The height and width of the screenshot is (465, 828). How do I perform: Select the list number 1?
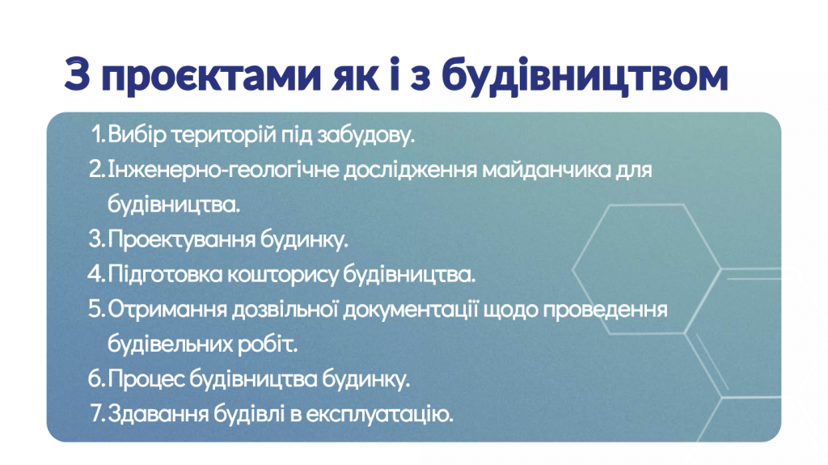coord(99,134)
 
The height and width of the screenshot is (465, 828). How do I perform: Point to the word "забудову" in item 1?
coord(365,135)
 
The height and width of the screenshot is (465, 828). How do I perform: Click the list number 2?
coord(97,169)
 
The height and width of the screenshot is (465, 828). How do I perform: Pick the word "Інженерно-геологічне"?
coord(223,170)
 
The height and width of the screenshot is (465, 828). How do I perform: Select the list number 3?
coord(97,239)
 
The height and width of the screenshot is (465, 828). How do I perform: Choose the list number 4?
coord(97,273)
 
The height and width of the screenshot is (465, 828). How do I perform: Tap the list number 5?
coord(97,309)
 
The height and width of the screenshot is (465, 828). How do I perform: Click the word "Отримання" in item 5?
coord(167,310)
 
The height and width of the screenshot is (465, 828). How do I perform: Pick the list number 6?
coord(97,378)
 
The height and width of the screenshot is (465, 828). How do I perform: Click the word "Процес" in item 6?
coord(146,379)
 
